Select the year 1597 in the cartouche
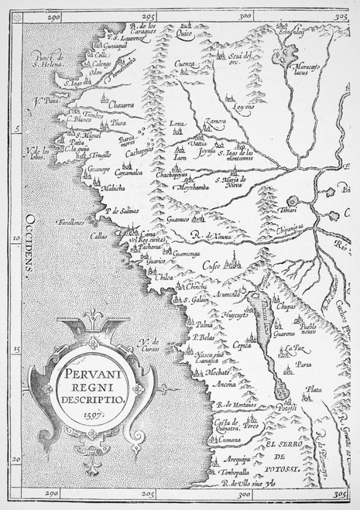(91, 413)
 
